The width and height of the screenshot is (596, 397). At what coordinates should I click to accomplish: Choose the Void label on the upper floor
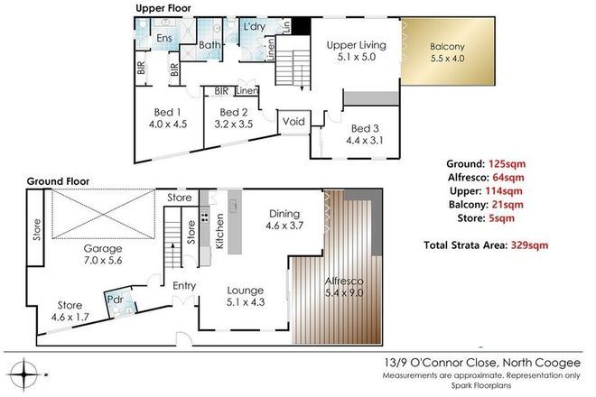pos(293,121)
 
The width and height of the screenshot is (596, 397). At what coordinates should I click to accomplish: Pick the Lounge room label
pos(246,291)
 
